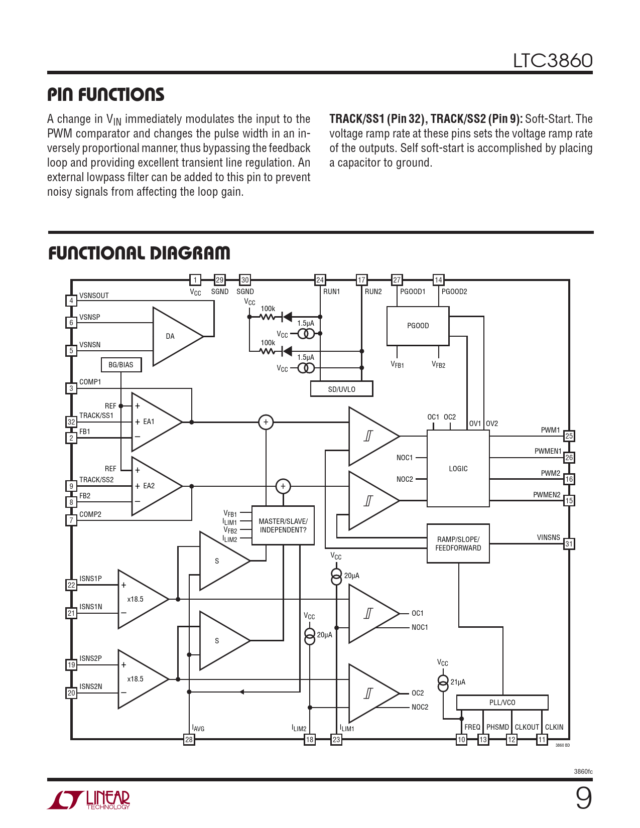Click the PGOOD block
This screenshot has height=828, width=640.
[x=418, y=326]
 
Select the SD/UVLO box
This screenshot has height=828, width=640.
[x=341, y=389]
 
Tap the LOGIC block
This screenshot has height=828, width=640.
[x=458, y=468]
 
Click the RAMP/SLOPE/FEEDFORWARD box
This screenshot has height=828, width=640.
[x=458, y=543]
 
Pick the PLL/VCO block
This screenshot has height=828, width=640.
[x=502, y=703]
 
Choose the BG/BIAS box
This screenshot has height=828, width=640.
[x=121, y=365]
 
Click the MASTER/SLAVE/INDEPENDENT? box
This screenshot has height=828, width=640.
[x=283, y=525]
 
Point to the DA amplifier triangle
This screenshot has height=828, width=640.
[x=173, y=336]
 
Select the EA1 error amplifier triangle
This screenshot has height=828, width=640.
[x=153, y=422]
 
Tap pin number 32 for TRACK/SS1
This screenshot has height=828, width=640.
[x=71, y=422]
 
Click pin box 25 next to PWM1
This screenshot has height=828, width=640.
[x=569, y=436]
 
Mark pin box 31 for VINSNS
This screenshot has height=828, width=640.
[x=569, y=544]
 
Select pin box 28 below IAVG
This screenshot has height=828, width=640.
[x=189, y=739]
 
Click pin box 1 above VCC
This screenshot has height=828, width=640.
[x=195, y=280]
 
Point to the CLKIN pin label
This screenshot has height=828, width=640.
[x=554, y=727]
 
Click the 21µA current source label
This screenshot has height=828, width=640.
[x=458, y=682]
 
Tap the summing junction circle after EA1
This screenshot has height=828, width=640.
[x=266, y=422]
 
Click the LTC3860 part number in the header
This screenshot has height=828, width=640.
[x=553, y=61]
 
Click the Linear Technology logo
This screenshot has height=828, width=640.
[x=89, y=800]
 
